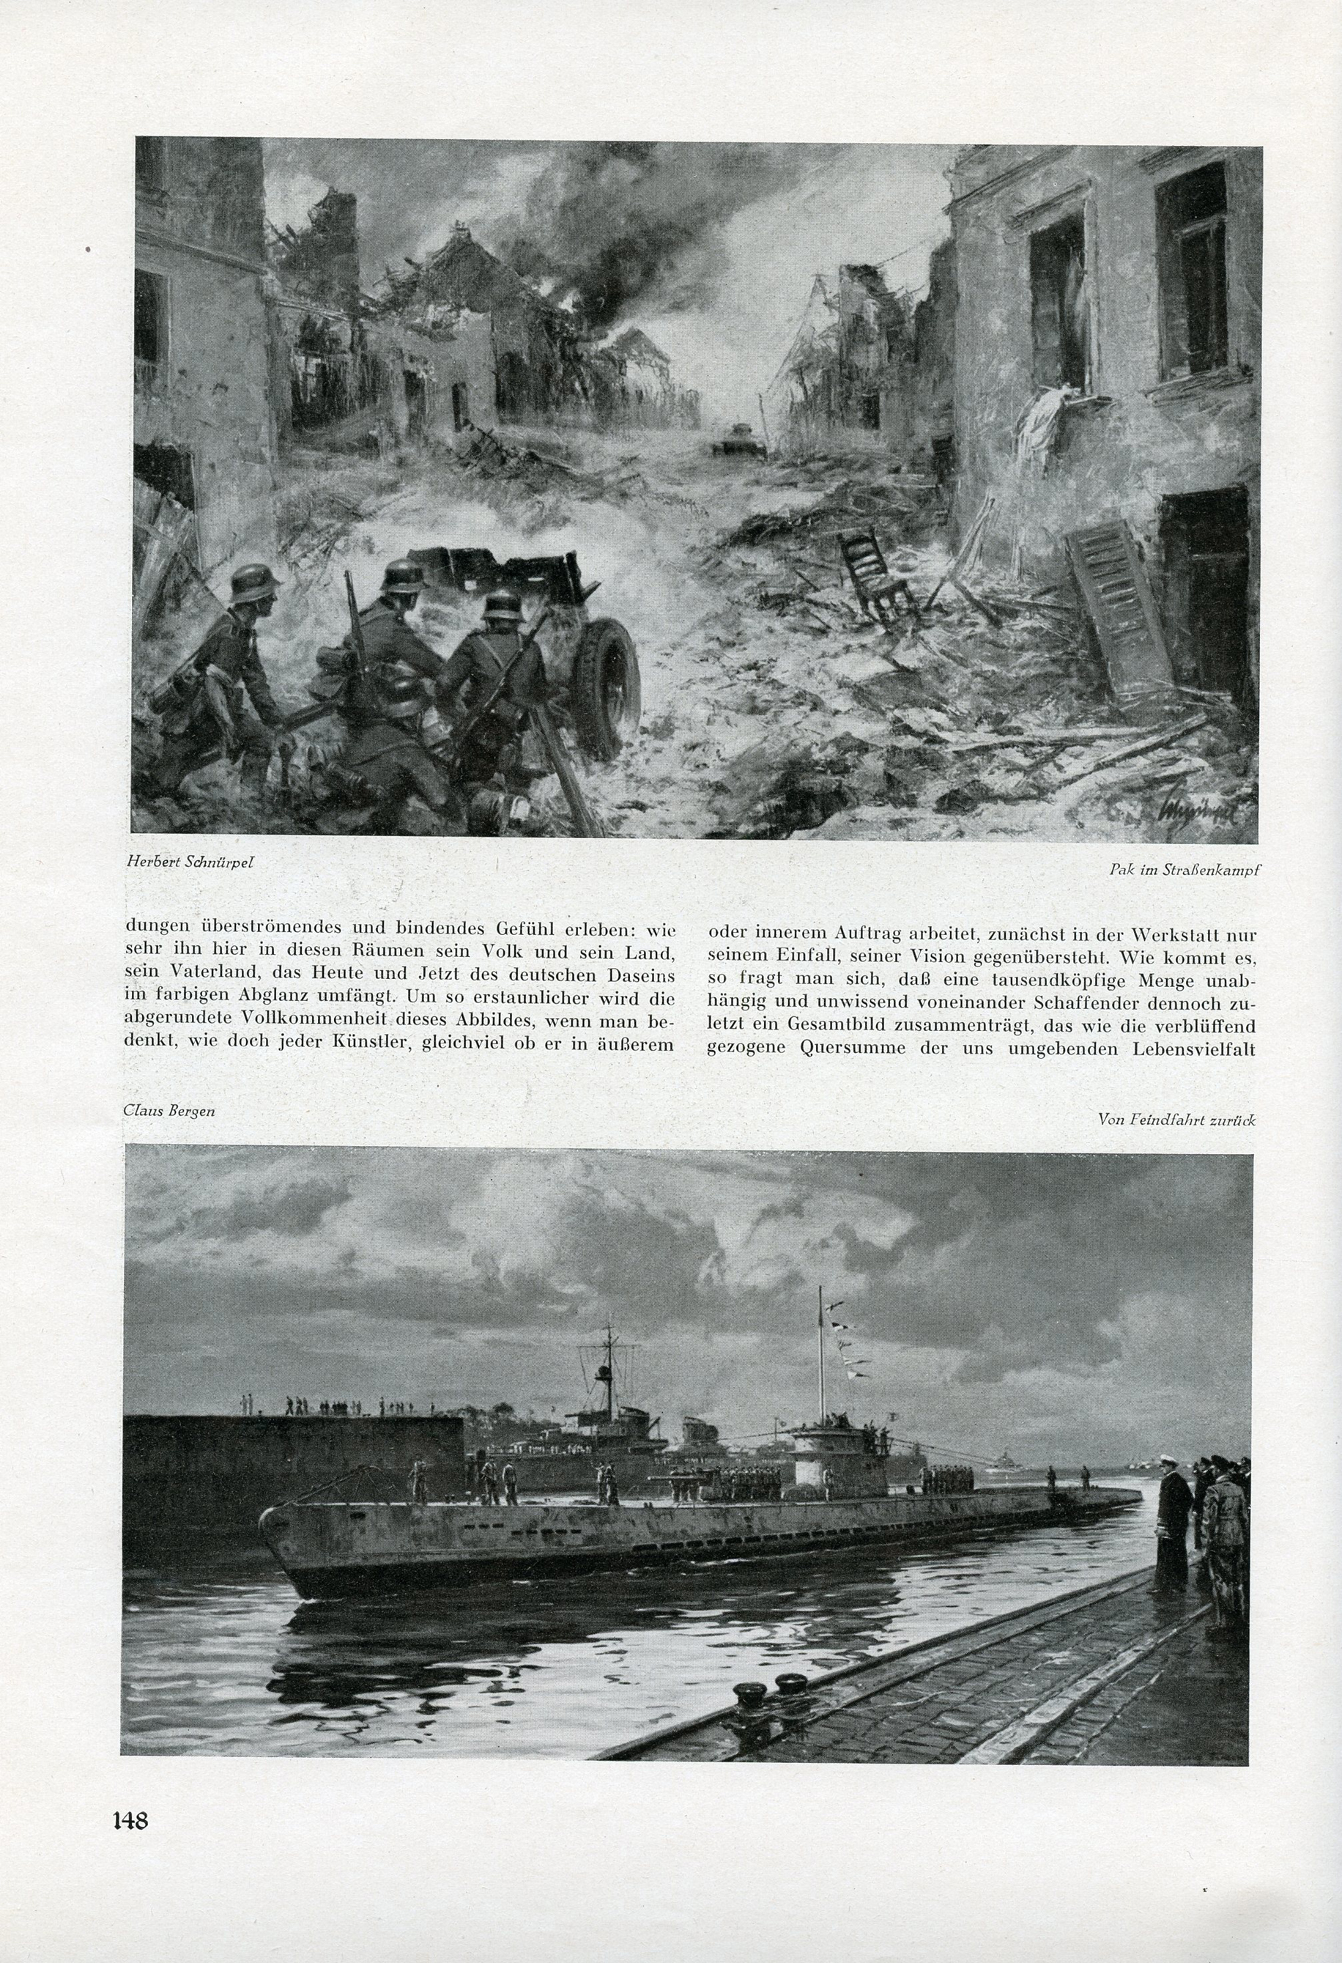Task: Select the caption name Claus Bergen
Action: (170, 1111)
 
